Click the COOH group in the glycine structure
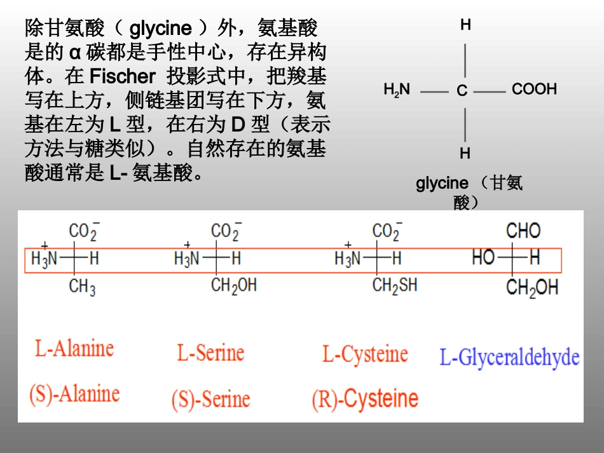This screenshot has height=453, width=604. click(534, 90)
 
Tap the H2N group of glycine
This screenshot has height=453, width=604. click(397, 90)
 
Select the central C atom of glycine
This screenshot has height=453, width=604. click(462, 91)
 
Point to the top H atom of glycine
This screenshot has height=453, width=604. click(465, 25)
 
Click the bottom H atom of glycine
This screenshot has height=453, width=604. click(465, 153)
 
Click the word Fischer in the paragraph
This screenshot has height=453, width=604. click(123, 77)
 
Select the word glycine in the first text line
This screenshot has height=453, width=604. click(161, 29)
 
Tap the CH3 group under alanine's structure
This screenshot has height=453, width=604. click(82, 287)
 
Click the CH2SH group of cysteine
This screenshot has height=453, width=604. click(395, 285)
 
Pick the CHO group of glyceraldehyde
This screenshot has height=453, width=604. click(523, 231)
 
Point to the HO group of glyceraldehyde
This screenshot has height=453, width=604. click(484, 257)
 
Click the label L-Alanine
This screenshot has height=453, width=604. click(74, 348)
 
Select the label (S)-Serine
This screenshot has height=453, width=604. click(210, 400)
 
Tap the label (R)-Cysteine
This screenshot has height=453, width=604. click(365, 400)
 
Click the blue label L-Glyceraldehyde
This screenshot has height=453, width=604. click(509, 357)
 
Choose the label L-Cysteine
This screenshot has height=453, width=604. click(365, 354)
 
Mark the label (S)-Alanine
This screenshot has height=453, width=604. click(74, 393)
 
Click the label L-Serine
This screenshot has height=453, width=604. click(210, 353)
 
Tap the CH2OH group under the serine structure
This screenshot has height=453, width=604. click(234, 286)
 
